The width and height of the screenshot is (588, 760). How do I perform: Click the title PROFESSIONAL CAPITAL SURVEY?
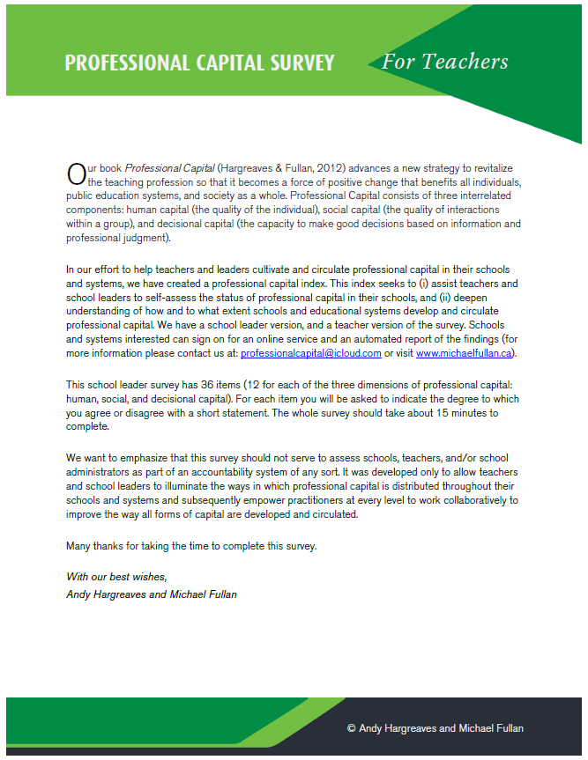[x=199, y=63]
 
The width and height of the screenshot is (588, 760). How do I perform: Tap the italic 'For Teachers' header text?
[x=444, y=62]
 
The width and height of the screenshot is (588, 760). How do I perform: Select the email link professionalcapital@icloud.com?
[x=310, y=353]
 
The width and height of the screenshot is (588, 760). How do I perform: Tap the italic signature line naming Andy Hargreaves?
[x=152, y=594]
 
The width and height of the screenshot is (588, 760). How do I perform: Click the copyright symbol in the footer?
[x=352, y=728]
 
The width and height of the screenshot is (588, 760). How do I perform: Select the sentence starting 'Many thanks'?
[x=190, y=545]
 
